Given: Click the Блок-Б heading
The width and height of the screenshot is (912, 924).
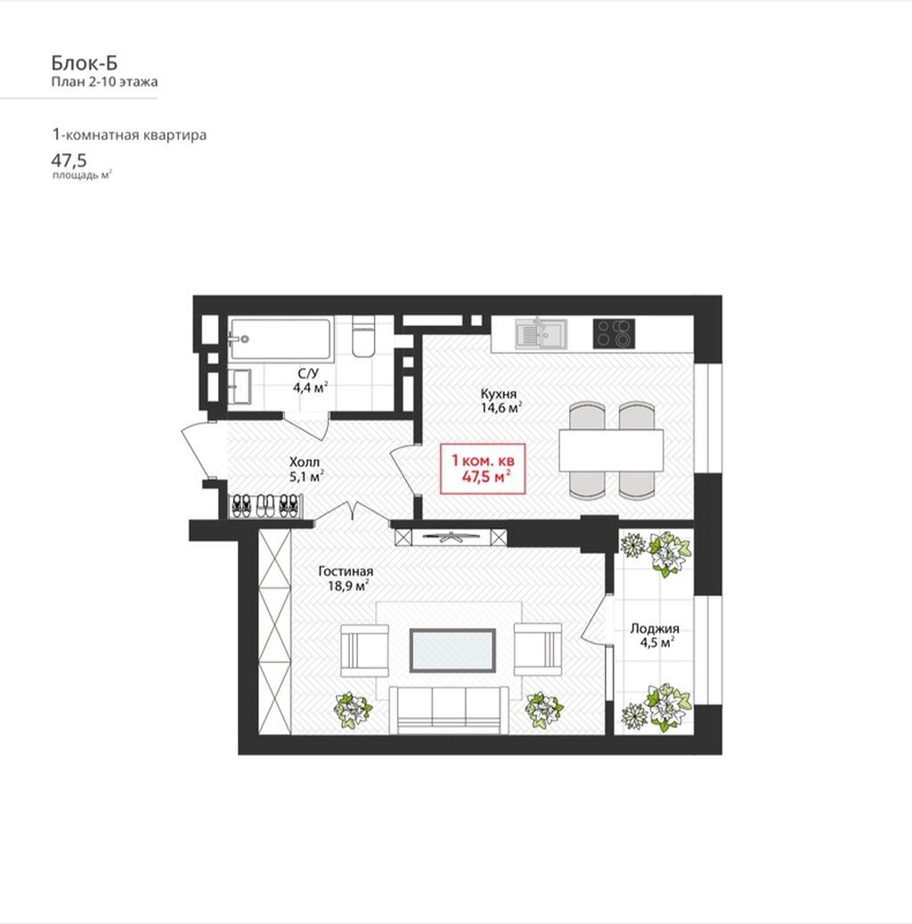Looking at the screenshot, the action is (x=85, y=62).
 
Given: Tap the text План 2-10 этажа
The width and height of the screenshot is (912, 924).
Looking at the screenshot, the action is (x=104, y=82).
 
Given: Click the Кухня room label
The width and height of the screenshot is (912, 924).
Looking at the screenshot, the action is (x=499, y=394).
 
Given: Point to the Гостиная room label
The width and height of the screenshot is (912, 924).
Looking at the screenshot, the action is (x=346, y=572).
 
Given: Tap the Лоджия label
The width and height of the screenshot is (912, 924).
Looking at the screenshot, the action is (x=655, y=628).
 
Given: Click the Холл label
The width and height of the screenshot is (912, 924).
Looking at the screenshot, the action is (x=304, y=462).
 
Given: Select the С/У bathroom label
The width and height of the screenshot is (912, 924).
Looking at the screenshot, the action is (x=308, y=373).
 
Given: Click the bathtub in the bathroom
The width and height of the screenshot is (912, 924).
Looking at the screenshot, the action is (x=281, y=339).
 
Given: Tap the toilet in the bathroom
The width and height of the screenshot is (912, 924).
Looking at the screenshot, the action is (x=363, y=337).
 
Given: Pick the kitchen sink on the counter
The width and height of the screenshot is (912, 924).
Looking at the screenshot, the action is (x=541, y=334).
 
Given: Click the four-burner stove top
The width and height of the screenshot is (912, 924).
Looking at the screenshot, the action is (x=614, y=333).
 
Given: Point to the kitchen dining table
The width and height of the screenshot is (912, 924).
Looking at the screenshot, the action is (x=611, y=450).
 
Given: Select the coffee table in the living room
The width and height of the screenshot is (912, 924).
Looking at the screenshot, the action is (x=452, y=650).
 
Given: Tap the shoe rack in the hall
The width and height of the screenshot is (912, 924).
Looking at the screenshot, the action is (x=266, y=506).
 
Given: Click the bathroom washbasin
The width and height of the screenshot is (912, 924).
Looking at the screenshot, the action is (x=240, y=387).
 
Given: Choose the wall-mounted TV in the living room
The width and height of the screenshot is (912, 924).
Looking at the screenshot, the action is (x=451, y=536).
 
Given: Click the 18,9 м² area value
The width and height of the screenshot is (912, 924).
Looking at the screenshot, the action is (x=349, y=585).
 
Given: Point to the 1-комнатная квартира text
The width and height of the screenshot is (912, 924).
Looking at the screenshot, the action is (x=129, y=135).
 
